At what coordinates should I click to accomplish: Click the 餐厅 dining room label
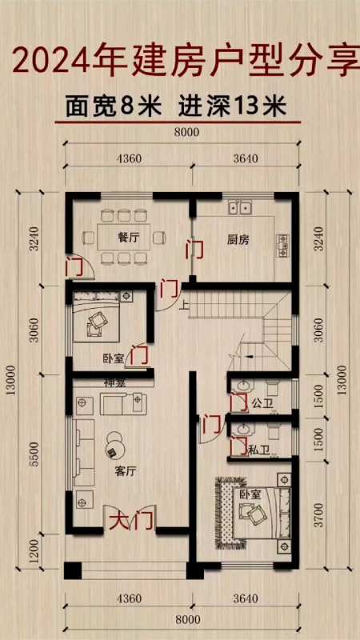[x=106, y=238]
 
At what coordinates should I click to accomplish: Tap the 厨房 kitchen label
[x=238, y=238]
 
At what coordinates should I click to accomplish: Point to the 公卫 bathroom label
[x=262, y=402]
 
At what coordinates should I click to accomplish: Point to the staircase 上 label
[x=185, y=305]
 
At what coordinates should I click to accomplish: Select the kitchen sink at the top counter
[x=239, y=209]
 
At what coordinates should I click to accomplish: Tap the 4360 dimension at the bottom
[x=129, y=596]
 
